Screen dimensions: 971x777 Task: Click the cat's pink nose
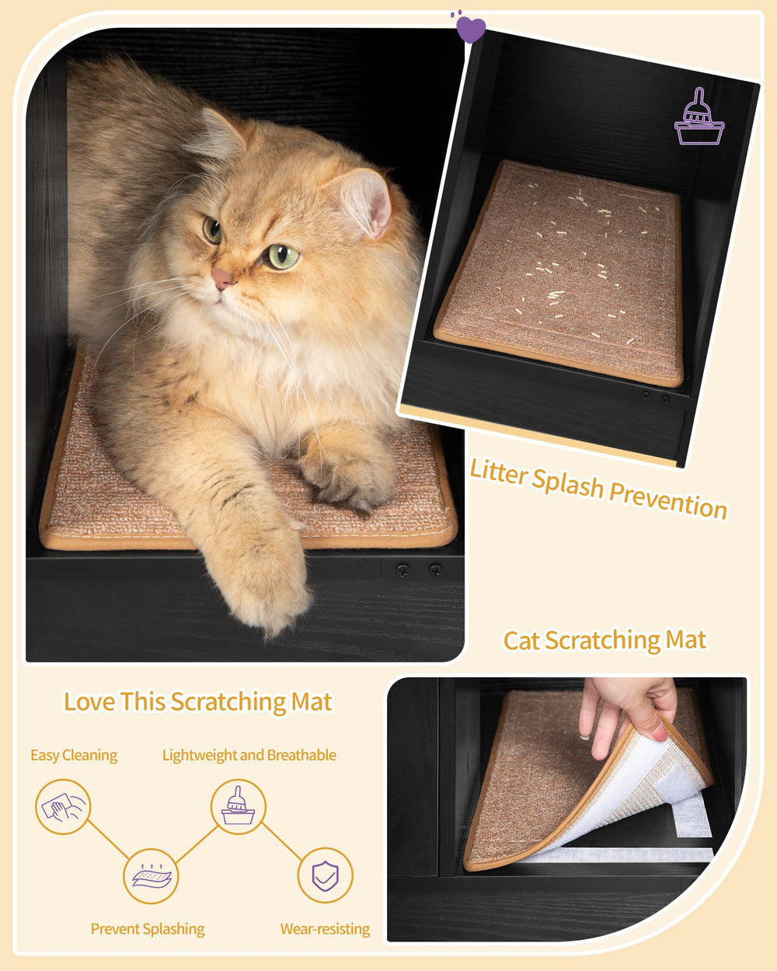(x=222, y=278)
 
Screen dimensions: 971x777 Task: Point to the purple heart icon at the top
(x=470, y=29)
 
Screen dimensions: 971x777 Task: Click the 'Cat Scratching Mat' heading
(x=605, y=641)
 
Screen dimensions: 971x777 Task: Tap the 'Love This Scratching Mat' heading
(x=197, y=701)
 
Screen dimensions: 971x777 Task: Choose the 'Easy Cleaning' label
(x=74, y=755)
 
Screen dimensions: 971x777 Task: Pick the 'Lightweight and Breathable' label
(x=249, y=755)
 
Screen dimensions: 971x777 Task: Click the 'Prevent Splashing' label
(x=148, y=929)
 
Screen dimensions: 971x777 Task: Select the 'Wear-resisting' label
(x=325, y=929)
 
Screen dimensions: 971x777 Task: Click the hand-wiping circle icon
(x=63, y=807)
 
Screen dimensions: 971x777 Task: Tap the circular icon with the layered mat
(x=151, y=876)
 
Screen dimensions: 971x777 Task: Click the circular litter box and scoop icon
(x=238, y=807)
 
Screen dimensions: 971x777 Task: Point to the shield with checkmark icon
(x=325, y=876)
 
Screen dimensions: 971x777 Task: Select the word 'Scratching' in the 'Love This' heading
(x=228, y=701)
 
